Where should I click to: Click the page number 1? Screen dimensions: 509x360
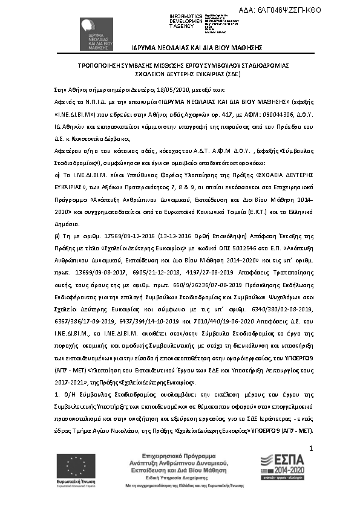pos(310,449)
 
